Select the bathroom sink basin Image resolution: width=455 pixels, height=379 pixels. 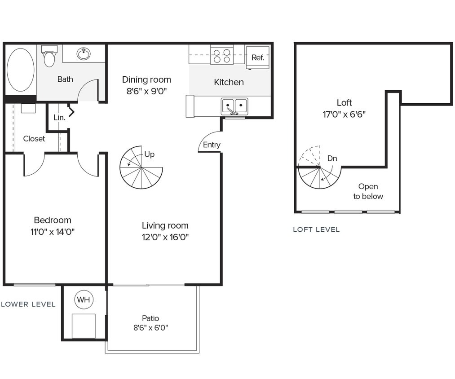[x=83, y=54]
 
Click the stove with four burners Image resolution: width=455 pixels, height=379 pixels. [x=222, y=55]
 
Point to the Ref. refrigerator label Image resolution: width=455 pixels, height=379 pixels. [x=257, y=57]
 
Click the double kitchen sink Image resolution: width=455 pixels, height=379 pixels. [x=234, y=106]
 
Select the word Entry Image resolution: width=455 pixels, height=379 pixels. [x=212, y=145]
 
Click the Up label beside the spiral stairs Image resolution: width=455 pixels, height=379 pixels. [x=149, y=154]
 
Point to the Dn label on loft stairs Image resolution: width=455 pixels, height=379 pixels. [x=332, y=158]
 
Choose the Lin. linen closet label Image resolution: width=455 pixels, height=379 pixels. [x=59, y=118]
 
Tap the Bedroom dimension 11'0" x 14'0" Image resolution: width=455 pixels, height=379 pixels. [x=53, y=232]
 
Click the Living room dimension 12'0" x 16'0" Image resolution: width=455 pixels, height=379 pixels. [x=165, y=237]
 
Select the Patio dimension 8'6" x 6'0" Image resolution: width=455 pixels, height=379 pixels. [x=150, y=328]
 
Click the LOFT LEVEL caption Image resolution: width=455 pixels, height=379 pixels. [x=316, y=229]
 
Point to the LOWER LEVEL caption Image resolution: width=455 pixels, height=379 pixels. [x=28, y=304]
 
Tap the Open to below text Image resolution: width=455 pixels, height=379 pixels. [x=368, y=191]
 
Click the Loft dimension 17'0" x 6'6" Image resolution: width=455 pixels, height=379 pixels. [x=344, y=114]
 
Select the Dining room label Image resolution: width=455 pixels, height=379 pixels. [x=146, y=79]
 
